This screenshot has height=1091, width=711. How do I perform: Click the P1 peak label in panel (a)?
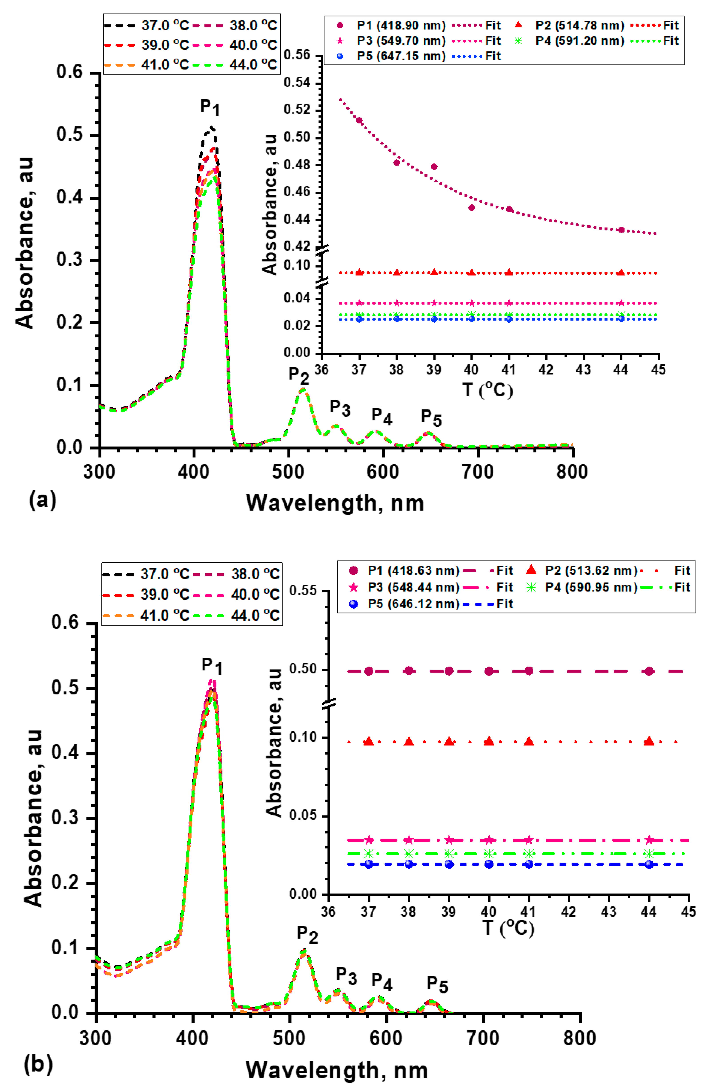210,108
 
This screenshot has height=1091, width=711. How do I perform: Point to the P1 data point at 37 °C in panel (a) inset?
359,121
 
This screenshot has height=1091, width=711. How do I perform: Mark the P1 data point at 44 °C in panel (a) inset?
621,230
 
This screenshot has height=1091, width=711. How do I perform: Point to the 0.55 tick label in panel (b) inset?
303,590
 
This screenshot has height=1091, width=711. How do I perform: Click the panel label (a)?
42,500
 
